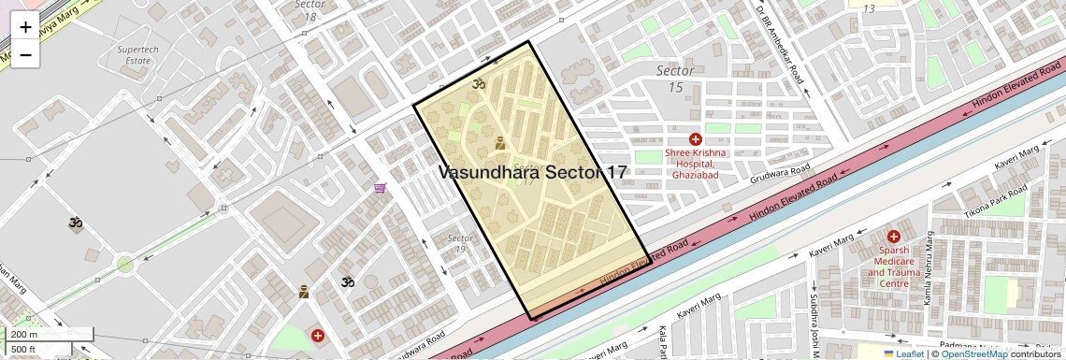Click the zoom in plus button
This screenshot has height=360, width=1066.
25,27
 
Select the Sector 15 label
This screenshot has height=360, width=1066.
674,79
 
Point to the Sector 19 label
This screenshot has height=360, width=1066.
460,243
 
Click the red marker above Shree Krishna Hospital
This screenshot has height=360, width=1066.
695,138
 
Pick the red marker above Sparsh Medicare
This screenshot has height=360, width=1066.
893,238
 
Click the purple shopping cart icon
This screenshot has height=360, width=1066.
380,188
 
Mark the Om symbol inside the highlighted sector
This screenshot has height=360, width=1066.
479,84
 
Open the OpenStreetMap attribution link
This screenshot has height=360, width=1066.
973,353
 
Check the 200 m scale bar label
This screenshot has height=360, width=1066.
25,334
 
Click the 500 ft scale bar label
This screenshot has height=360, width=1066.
25,349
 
